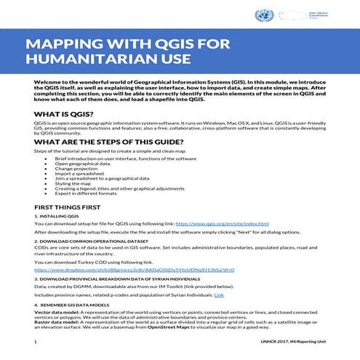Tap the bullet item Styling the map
tap(75, 189)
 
